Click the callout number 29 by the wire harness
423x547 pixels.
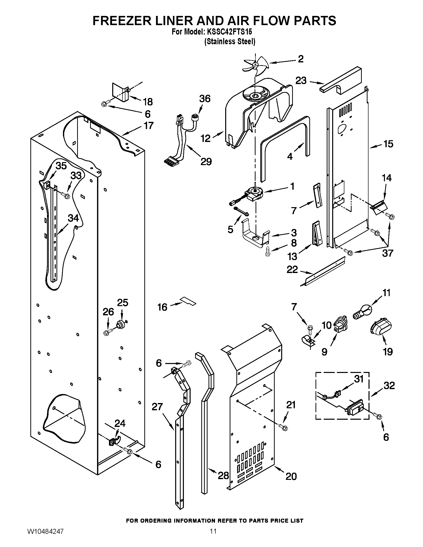[x=206, y=162]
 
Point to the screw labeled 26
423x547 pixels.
[x=107, y=333]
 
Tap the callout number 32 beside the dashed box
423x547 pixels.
[x=389, y=385]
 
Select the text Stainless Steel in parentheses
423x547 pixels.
[x=230, y=41]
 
